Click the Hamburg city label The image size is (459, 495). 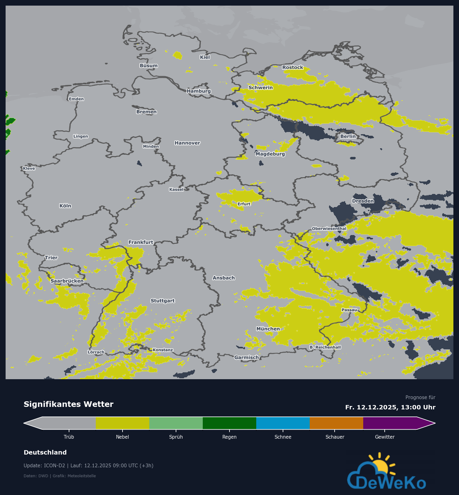click(199, 91)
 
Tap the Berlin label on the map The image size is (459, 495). click(348, 136)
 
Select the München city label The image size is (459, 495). click(268, 329)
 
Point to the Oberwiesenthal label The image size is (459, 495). click(329, 229)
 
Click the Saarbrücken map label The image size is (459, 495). click(67, 281)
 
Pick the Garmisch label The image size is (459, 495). click(247, 357)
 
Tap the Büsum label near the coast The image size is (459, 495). click(149, 66)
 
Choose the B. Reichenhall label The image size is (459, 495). click(325, 347)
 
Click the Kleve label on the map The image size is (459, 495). click(29, 168)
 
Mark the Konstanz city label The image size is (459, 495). click(163, 350)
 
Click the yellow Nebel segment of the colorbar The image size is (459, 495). click(122, 423)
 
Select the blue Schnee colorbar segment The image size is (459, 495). click(283, 423)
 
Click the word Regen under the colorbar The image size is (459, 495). click(229, 437)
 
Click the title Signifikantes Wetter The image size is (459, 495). click(68, 404)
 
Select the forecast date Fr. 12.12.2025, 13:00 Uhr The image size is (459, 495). click(390, 407)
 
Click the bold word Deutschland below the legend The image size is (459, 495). click(45, 452)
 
